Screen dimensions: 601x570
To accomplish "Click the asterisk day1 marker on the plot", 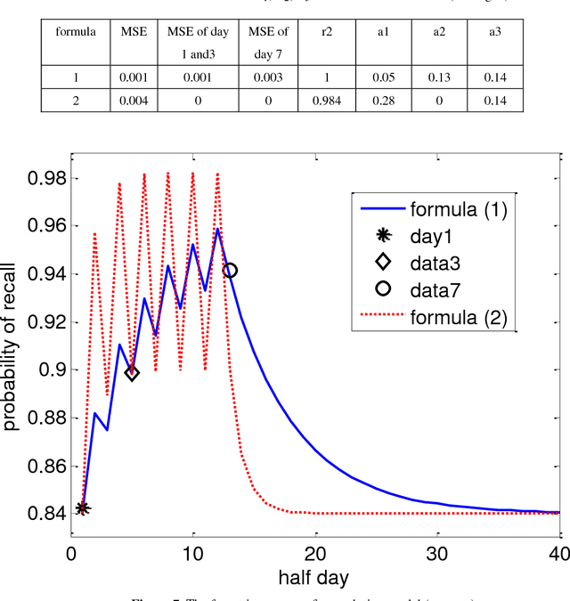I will coord(83,508).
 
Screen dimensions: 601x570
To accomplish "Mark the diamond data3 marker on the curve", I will coord(132,372).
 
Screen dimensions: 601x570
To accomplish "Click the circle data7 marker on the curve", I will coord(229,271).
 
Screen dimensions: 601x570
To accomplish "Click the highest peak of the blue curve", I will coord(217,229).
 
